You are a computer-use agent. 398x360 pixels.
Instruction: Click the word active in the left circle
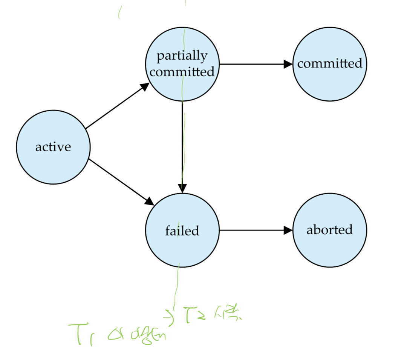(53, 147)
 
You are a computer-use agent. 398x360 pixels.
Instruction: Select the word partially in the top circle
(182, 56)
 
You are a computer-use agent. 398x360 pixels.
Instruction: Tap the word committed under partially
(182, 72)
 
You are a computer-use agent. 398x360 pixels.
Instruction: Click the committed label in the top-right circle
(330, 63)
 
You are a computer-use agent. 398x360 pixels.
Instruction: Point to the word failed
(182, 230)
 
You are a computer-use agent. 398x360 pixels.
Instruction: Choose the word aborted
(330, 230)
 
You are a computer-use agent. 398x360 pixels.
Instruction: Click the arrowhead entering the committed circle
(288, 64)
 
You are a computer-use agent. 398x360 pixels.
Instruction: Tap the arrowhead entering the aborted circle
(288, 230)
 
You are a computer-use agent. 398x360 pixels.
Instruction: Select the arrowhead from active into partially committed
(145, 86)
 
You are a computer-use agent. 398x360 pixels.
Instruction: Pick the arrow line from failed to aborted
(253, 230)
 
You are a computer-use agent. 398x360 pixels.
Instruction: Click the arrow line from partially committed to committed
(253, 64)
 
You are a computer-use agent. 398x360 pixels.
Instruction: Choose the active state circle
(53, 166)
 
